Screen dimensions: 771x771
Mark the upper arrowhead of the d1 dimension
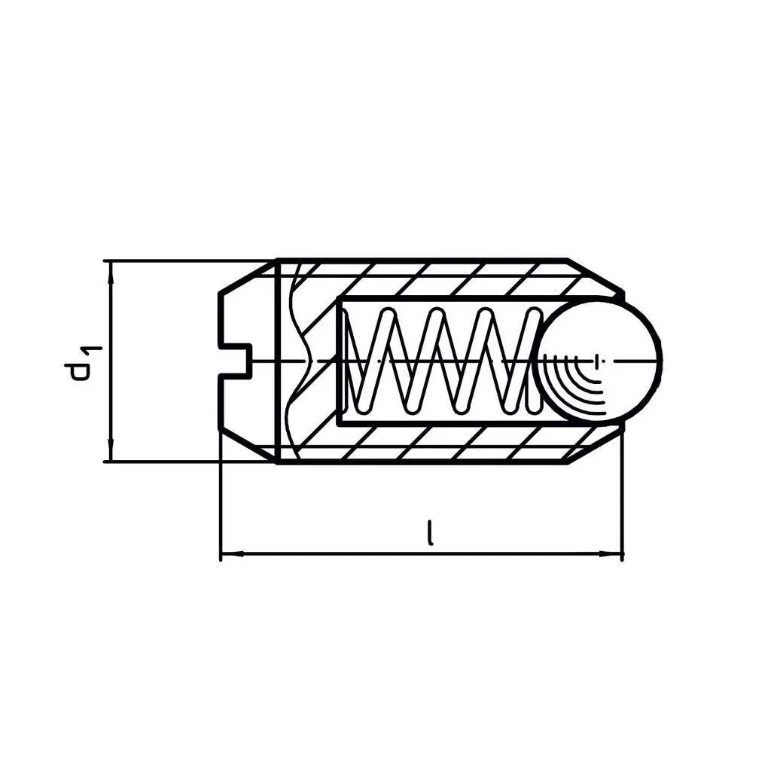coord(111,272)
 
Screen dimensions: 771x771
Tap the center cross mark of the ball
coord(597,361)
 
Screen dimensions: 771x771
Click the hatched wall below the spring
coord(452,443)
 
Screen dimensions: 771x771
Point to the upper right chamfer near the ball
coord(595,276)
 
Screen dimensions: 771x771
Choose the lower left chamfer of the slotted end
coord(247,444)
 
